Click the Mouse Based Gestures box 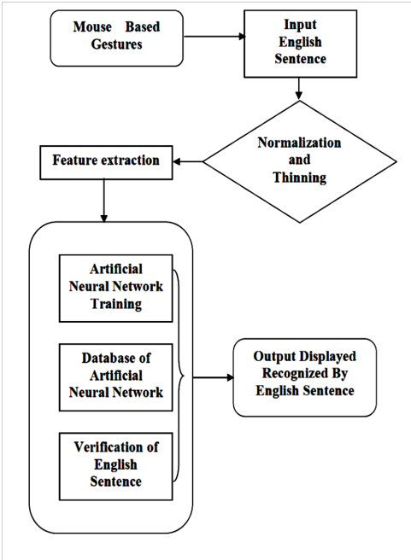(x=116, y=38)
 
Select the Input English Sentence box (x=300, y=44)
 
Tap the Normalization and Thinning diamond (x=300, y=162)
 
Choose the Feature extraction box (x=106, y=162)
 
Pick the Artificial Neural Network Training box (x=116, y=289)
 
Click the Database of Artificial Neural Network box (x=116, y=377)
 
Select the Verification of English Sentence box (x=116, y=466)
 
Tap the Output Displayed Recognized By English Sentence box (x=305, y=377)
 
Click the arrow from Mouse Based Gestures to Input (x=214, y=37)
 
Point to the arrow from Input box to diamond (x=299, y=89)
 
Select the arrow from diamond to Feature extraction (x=188, y=162)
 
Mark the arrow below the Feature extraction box (x=104, y=201)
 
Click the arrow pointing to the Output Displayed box (x=213, y=377)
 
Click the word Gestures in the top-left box (x=116, y=44)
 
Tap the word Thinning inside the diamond (x=300, y=178)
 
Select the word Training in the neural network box (x=116, y=304)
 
